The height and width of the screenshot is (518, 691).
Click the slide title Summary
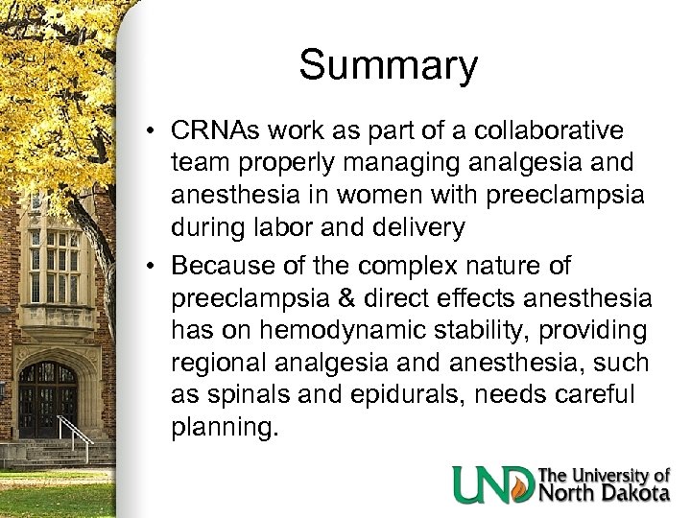pos(388,66)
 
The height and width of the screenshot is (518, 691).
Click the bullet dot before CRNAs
pos(155,130)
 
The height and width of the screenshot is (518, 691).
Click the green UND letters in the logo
pos(492,483)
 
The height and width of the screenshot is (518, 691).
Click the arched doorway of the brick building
pos(48,398)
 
